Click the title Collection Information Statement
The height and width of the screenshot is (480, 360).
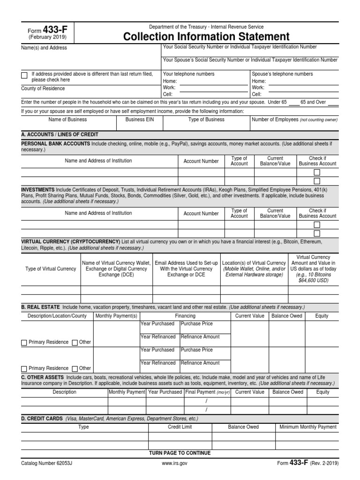[x=206, y=36]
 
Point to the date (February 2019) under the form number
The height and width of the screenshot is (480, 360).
[x=47, y=37]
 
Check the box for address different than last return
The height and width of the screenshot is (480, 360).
[x=24, y=75]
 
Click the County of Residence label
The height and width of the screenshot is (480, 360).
[x=43, y=89]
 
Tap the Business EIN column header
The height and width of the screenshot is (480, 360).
[x=139, y=120]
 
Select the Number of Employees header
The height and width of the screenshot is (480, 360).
[x=294, y=120]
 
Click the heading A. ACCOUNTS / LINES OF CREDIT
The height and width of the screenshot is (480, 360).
[x=60, y=134]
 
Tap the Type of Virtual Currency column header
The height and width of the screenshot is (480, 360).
[x=51, y=269]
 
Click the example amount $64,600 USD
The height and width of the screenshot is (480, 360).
[x=313, y=281]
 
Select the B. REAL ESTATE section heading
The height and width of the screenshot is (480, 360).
[x=40, y=307]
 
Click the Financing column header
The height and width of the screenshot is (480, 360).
[x=185, y=316]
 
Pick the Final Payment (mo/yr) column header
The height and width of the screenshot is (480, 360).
[x=207, y=392]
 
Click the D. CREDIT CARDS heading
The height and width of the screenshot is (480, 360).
[x=42, y=418]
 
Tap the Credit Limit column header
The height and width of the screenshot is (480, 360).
[x=180, y=427]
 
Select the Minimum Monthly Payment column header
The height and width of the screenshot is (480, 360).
[x=308, y=427]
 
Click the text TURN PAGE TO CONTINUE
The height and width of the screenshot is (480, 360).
[x=180, y=453]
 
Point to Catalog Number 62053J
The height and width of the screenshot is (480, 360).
[x=46, y=463]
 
